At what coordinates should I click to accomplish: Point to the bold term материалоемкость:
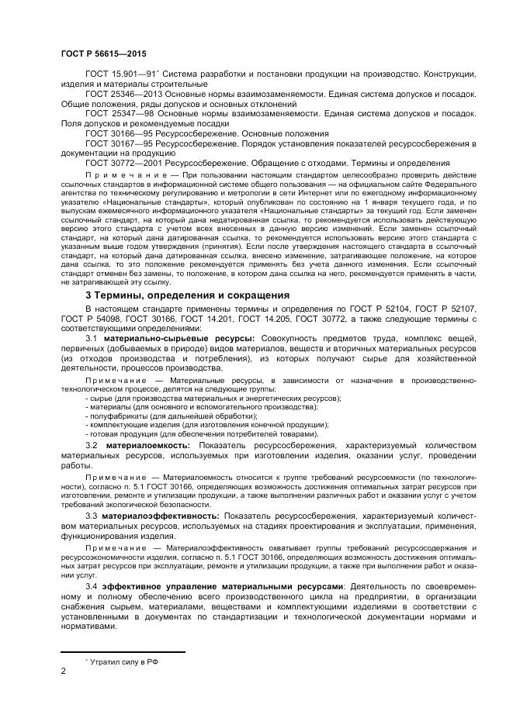(147, 446)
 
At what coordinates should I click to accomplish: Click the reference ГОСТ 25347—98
(119, 113)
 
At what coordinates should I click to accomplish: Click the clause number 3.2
(91, 446)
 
